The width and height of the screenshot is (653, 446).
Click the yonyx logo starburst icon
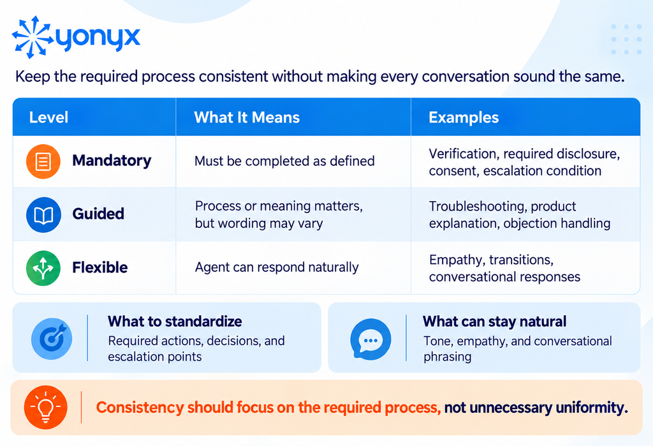pos(33,37)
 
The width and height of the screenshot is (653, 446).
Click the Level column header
pos(48,117)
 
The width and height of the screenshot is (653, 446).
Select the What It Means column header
pos(247,117)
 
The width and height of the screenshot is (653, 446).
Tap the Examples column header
pos(464,117)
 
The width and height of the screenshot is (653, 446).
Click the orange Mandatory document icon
pos(43,161)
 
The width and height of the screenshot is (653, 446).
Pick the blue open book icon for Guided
pos(43,214)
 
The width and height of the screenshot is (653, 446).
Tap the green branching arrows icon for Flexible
pos(43,268)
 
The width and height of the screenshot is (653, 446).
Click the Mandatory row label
pos(112,161)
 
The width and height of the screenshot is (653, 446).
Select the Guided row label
pos(98,214)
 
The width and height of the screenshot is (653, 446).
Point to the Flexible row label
pos(100,267)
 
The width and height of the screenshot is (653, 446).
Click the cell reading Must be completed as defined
pos(284,161)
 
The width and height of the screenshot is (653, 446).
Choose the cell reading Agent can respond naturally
pos(277,267)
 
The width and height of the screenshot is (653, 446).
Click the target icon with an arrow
pos(52,338)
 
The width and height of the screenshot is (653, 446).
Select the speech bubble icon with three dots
pos(371,339)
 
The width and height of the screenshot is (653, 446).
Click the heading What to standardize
pos(175,322)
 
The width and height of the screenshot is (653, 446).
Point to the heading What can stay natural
pos(495,322)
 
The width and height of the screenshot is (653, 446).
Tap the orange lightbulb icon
pos(46,407)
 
